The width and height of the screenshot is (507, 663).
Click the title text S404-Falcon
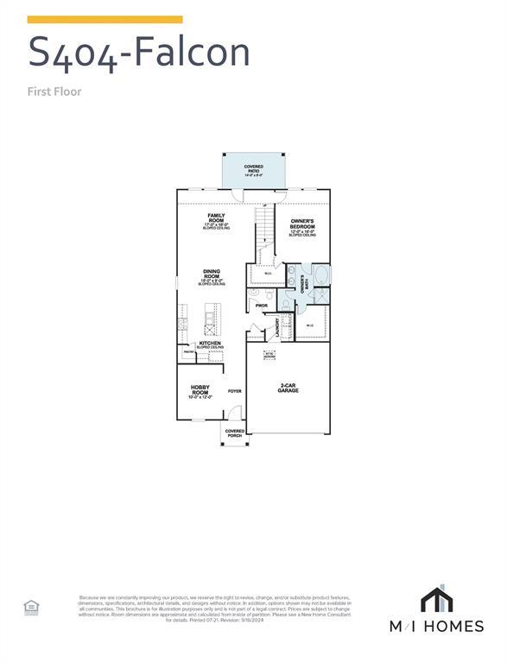pyautogui.click(x=139, y=52)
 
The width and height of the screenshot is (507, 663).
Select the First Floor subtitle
pyautogui.click(x=54, y=91)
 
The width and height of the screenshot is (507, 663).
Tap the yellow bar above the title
pyautogui.click(x=105, y=19)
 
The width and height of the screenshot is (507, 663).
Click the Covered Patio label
pyautogui.click(x=253, y=171)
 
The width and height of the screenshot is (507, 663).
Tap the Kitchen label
pyautogui.click(x=210, y=344)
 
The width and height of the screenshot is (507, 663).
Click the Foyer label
pyautogui.click(x=234, y=391)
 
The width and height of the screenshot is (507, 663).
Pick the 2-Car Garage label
pyautogui.click(x=288, y=388)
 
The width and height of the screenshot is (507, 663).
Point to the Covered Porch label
pyautogui.click(x=234, y=433)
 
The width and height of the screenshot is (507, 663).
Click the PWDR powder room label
pyautogui.click(x=261, y=306)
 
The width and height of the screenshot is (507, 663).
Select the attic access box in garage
pyautogui.click(x=269, y=354)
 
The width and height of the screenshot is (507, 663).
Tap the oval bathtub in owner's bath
pyautogui.click(x=320, y=278)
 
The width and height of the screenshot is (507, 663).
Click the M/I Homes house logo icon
pyautogui.click(x=437, y=599)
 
